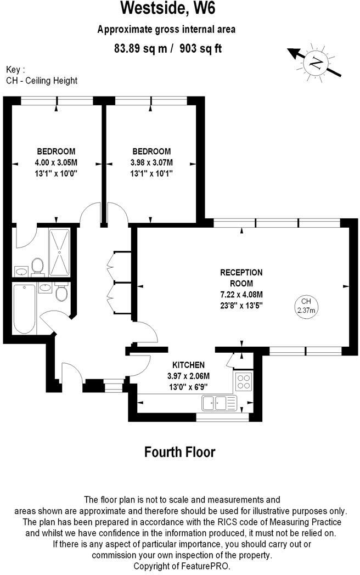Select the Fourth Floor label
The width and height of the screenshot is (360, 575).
[179, 452]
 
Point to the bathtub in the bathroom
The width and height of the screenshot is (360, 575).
[24, 308]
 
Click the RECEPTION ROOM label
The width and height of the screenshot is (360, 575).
[241, 278]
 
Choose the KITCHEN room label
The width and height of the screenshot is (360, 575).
[188, 365]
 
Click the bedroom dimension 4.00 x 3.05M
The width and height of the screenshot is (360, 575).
[56, 162]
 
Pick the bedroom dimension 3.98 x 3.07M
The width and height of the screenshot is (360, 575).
[151, 162]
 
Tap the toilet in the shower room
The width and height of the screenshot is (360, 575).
[37, 266]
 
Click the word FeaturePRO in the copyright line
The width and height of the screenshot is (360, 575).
[207, 566]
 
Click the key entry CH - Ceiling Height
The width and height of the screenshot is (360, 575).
[42, 81]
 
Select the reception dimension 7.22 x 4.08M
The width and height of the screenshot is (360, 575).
[241, 295]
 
